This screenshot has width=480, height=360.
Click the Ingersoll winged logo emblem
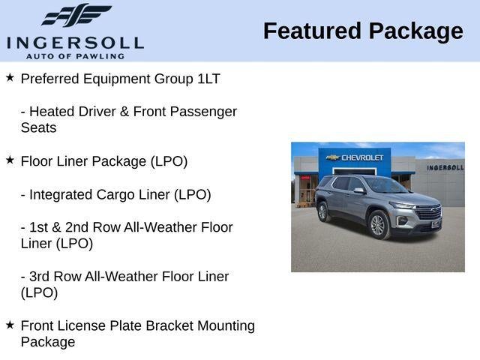[x=76, y=15]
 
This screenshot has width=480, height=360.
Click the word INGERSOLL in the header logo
[x=75, y=42]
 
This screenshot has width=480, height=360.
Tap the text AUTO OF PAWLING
[x=75, y=56]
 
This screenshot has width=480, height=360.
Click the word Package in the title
[x=416, y=31]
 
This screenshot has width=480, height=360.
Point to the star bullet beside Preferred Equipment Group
[x=10, y=77]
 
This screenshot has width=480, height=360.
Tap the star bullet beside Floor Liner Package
[x=10, y=160]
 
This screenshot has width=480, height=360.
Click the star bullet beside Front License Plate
[x=10, y=325]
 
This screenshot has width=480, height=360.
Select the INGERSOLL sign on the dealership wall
[x=445, y=167]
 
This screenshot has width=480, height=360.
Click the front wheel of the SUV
[x=378, y=224]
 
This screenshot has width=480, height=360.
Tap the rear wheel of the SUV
[x=323, y=212]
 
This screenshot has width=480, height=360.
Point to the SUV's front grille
[x=429, y=213]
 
